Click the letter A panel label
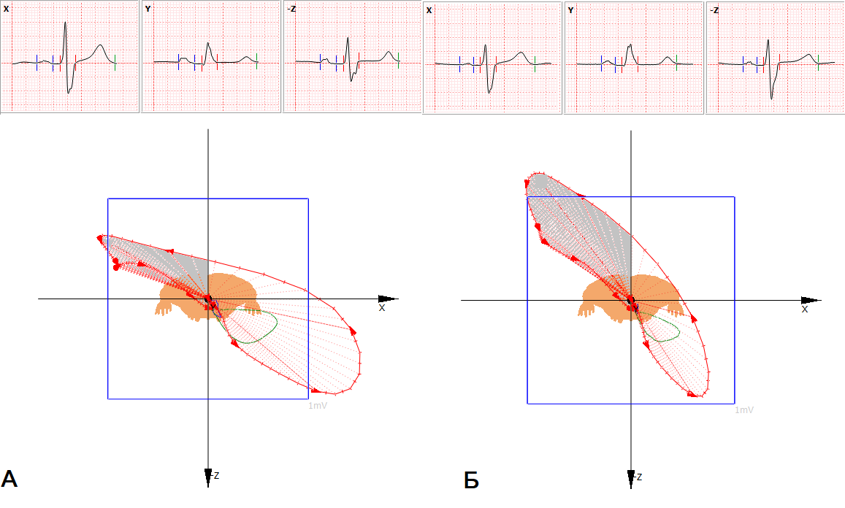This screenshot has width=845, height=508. (x=9, y=478)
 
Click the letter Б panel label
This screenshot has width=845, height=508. (x=471, y=480)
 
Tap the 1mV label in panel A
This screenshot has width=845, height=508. (x=318, y=406)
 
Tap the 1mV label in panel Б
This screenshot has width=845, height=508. (x=744, y=410)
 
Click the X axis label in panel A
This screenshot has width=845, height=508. (x=382, y=307)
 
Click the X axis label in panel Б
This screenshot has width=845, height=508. (x=805, y=309)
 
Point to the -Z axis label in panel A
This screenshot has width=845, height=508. (x=214, y=475)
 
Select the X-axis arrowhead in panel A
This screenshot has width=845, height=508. (x=388, y=299)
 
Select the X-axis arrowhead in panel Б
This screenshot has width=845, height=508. (x=811, y=300)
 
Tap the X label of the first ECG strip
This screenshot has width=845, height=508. (x=6, y=9)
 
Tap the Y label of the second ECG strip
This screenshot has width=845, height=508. (x=148, y=9)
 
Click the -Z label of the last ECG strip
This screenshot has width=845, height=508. (x=714, y=10)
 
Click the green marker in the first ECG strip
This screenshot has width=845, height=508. (x=115, y=63)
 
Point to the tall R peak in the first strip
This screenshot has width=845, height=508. (x=65, y=23)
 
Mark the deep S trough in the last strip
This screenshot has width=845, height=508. (x=771, y=99)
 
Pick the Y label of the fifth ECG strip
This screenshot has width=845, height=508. (x=570, y=10)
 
